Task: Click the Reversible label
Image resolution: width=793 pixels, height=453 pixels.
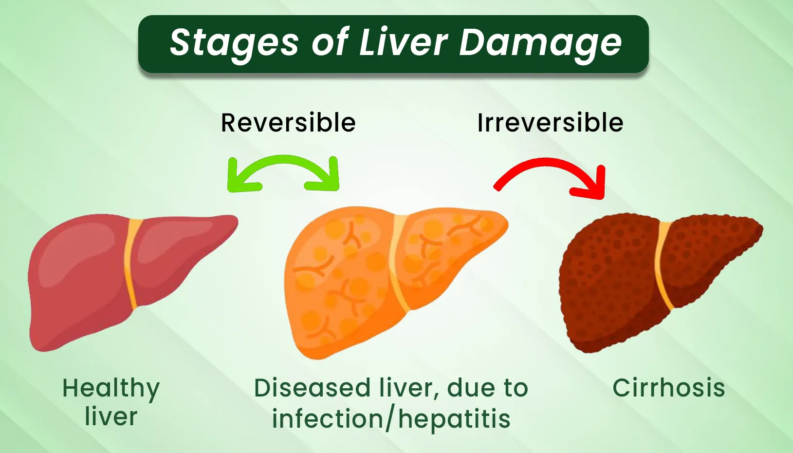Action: (x=288, y=123)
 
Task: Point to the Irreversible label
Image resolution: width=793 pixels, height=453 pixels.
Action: (x=550, y=123)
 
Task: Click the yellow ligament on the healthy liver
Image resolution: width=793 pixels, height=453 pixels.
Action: (x=131, y=264)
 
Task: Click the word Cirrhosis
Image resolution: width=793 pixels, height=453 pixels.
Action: (x=669, y=388)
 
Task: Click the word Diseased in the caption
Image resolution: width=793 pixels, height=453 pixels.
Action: (x=312, y=388)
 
